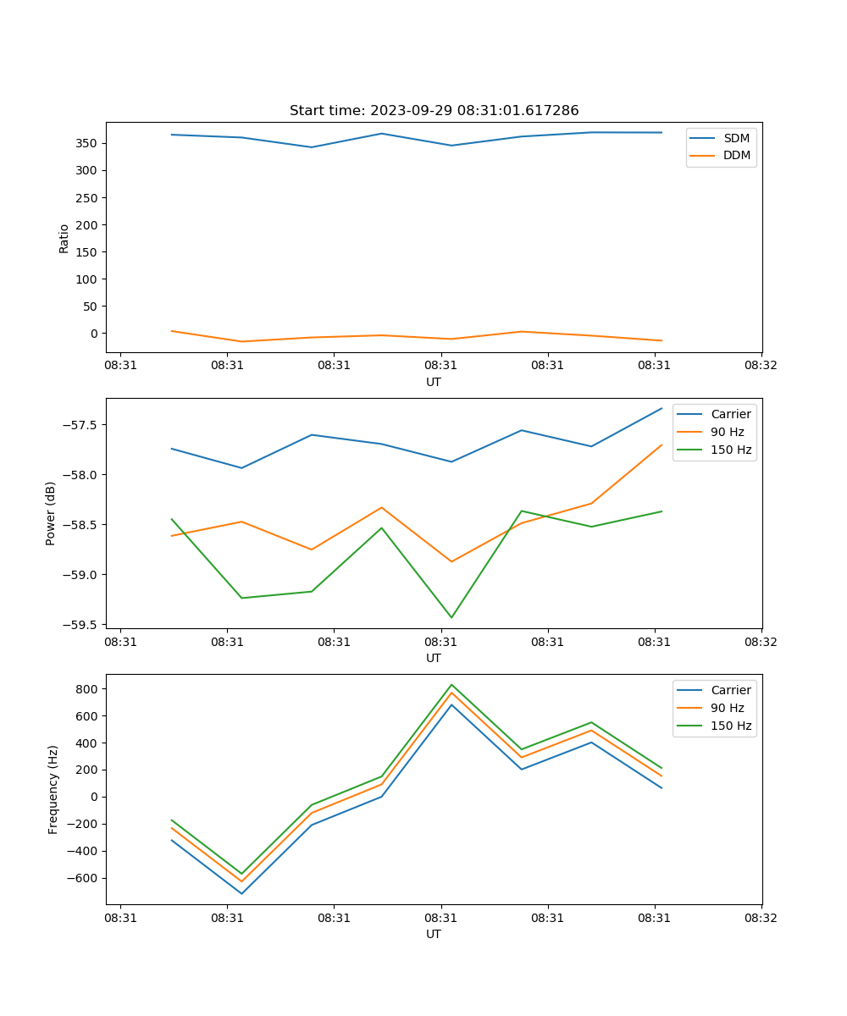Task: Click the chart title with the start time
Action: [x=434, y=111]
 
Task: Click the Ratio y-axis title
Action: [x=64, y=238]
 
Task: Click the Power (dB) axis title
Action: [x=51, y=513]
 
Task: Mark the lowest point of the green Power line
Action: [x=451, y=617]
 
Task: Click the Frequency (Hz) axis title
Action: [x=53, y=789]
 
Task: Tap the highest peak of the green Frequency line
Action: [x=451, y=684]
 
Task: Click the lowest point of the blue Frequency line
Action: [x=241, y=893]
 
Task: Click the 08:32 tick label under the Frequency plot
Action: [x=761, y=917]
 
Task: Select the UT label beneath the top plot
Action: [x=434, y=382]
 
